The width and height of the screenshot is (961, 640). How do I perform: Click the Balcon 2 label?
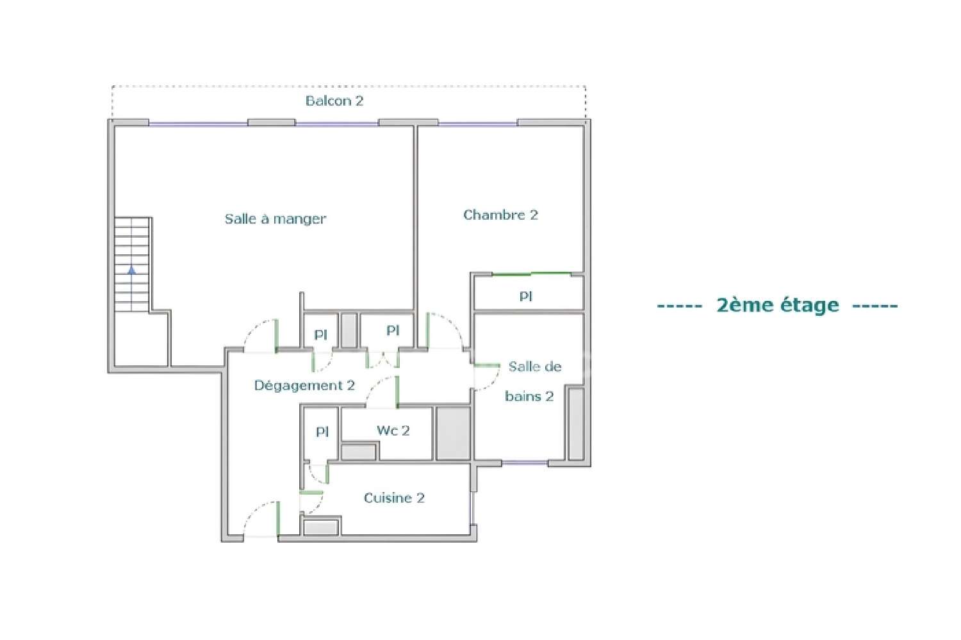(x=334, y=101)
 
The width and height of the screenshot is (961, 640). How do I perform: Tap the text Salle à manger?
(x=275, y=219)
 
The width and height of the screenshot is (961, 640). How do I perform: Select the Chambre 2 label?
(x=500, y=215)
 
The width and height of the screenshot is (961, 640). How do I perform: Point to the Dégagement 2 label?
(x=304, y=386)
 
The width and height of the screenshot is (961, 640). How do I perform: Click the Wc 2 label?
(x=393, y=431)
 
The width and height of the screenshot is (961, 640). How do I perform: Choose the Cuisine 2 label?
(x=394, y=498)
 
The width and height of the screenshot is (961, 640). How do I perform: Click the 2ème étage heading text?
(x=777, y=305)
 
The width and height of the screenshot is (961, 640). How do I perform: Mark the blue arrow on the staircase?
(x=132, y=270)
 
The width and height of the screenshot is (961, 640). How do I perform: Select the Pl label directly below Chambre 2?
(x=526, y=297)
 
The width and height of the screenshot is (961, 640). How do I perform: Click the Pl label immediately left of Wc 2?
(x=322, y=432)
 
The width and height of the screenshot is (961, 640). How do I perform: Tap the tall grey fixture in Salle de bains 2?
(x=575, y=423)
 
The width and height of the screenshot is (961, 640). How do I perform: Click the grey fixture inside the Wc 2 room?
(x=358, y=452)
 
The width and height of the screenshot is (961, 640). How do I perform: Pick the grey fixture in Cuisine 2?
(x=321, y=528)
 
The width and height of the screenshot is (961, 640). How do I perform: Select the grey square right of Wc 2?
(x=453, y=433)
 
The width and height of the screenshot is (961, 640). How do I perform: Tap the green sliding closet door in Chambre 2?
(x=530, y=274)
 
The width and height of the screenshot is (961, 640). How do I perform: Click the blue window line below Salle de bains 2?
(x=524, y=463)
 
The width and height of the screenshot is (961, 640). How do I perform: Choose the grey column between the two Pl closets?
(x=349, y=330)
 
